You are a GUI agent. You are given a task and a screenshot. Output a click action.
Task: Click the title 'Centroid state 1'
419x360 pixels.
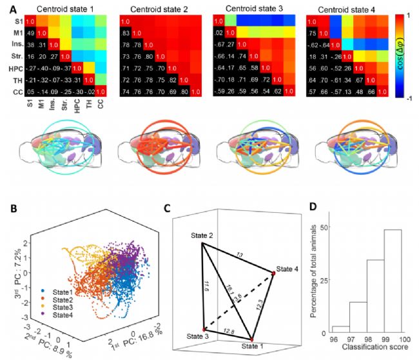62,10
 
